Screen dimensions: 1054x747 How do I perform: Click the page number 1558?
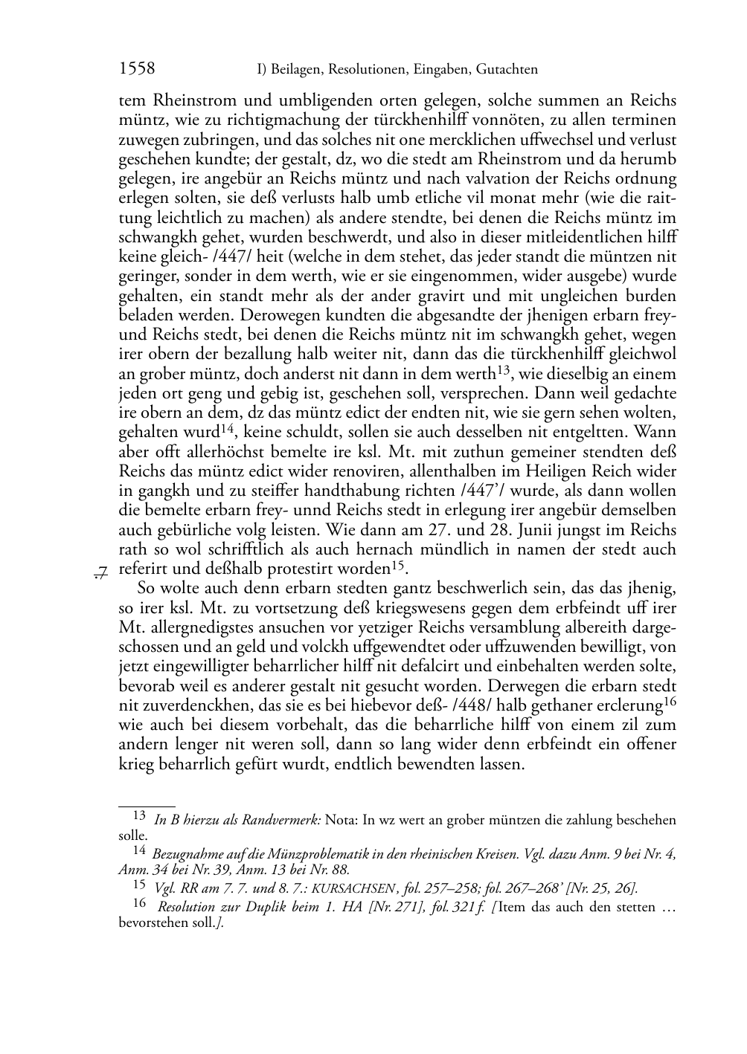pyautogui.click(x=137, y=69)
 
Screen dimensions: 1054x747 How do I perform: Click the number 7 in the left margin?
pyautogui.click(x=102, y=572)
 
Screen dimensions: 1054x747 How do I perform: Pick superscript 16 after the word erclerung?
pyautogui.click(x=670, y=701)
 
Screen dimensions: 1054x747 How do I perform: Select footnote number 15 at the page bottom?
pyautogui.click(x=139, y=885)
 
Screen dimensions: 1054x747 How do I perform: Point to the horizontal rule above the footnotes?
pyautogui.click(x=147, y=805)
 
